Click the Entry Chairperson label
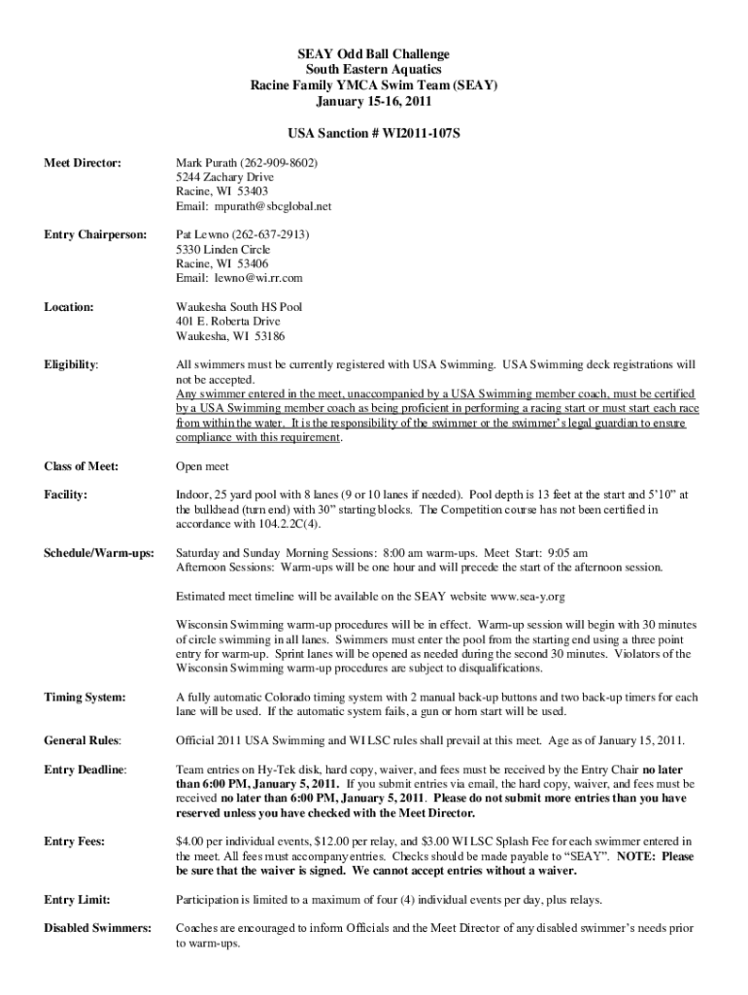pyautogui.click(x=95, y=234)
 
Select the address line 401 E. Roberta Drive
pyautogui.click(x=227, y=322)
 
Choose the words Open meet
pyautogui.click(x=201, y=466)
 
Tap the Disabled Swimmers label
pyautogui.click(x=97, y=928)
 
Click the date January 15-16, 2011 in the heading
pyautogui.click(x=374, y=100)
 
